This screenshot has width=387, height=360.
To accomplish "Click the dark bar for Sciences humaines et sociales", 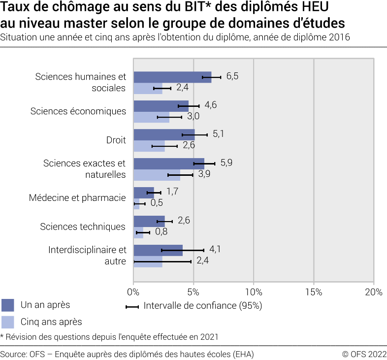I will tap(172, 77).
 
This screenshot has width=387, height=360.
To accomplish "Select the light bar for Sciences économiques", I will tap(151, 117).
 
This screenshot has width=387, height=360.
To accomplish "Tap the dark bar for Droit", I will tap(164, 134).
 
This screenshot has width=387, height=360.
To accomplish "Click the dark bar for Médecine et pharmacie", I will tap(144, 192).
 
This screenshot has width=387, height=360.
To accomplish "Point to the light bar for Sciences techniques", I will tap(138, 232).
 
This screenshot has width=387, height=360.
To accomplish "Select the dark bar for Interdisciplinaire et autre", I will tap(158, 250).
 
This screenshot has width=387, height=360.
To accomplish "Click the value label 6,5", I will tap(232, 76).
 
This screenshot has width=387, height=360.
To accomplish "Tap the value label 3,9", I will tap(204, 174).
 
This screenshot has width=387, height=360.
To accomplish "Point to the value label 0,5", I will tap(157, 203).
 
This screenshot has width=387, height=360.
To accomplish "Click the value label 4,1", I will tap(215, 249).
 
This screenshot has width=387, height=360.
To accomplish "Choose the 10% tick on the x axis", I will tap(254, 292).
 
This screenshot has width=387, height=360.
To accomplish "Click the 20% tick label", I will tap(374, 292).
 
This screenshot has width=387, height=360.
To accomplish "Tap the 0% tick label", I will tap(133, 292).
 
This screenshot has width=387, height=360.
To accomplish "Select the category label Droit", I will tap(116, 140).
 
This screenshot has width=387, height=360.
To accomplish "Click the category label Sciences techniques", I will tap(83, 227).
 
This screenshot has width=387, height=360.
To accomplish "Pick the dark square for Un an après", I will tap(8, 305).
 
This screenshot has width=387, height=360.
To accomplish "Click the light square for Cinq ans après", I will tap(8, 322).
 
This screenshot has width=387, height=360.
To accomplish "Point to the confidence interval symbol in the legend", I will tap(132, 306).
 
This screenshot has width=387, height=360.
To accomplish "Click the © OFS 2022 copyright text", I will tap(364, 354).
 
